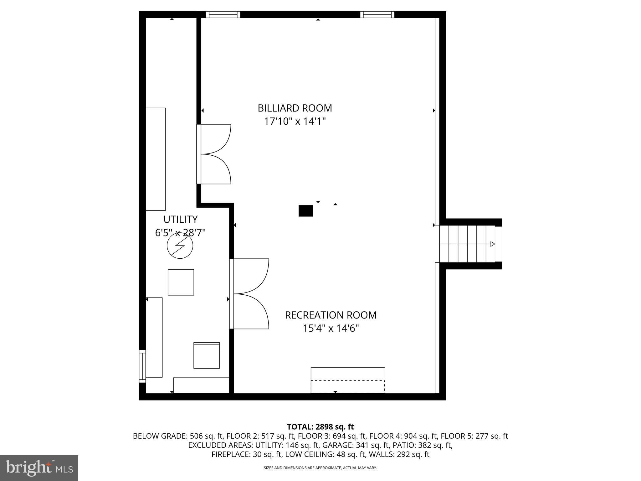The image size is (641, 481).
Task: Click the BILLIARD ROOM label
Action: tap(295, 108)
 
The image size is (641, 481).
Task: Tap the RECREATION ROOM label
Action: tap(331, 315)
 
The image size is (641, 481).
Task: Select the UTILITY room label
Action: tap(180, 219)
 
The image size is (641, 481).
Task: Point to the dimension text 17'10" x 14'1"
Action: tap(295, 122)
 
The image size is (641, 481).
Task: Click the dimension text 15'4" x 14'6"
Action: tap(331, 328)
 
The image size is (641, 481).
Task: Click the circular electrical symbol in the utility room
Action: tap(180, 246)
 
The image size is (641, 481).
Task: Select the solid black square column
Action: tap(305, 211)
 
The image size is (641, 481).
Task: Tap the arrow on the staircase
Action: tap(492, 244)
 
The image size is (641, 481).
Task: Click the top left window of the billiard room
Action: tap(223, 14)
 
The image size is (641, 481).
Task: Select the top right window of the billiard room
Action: tap(377, 14)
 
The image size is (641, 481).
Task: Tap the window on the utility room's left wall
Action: tap(142, 366)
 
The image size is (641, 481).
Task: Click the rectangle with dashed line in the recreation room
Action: tap(348, 380)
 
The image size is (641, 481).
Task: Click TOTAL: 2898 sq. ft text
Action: tap(320, 427)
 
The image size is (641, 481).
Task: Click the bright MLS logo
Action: tap(39, 468)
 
